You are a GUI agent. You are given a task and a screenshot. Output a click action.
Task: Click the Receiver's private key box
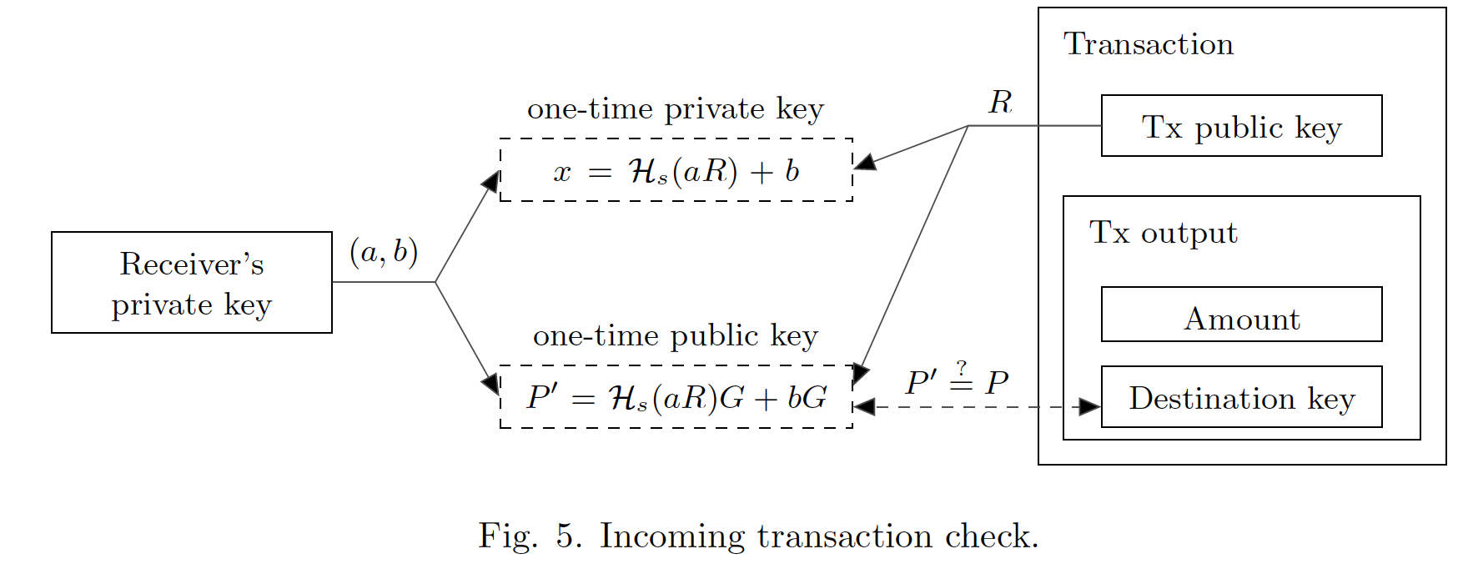tap(191, 283)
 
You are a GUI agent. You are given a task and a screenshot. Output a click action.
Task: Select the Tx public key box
tap(1241, 126)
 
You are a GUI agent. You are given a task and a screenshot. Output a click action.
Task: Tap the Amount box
tap(1241, 315)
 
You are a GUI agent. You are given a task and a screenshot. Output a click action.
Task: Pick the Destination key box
tap(1241, 397)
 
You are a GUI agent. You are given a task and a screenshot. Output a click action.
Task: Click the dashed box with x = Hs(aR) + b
tap(676, 170)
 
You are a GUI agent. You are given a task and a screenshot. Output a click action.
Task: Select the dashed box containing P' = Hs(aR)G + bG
tap(676, 397)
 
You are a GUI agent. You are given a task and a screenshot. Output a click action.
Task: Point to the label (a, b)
tap(384, 251)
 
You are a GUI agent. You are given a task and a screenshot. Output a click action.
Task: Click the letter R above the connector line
tap(1000, 103)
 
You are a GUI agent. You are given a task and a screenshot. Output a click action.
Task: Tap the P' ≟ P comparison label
tap(957, 382)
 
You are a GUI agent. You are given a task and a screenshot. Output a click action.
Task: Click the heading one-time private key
tap(675, 109)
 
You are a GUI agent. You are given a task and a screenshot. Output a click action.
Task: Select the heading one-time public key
tap(675, 335)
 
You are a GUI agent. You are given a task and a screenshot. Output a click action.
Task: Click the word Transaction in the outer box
tap(1148, 44)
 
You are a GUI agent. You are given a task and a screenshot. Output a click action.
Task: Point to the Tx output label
tap(1163, 233)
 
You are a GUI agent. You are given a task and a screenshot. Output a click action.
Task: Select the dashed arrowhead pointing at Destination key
tap(1089, 406)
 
